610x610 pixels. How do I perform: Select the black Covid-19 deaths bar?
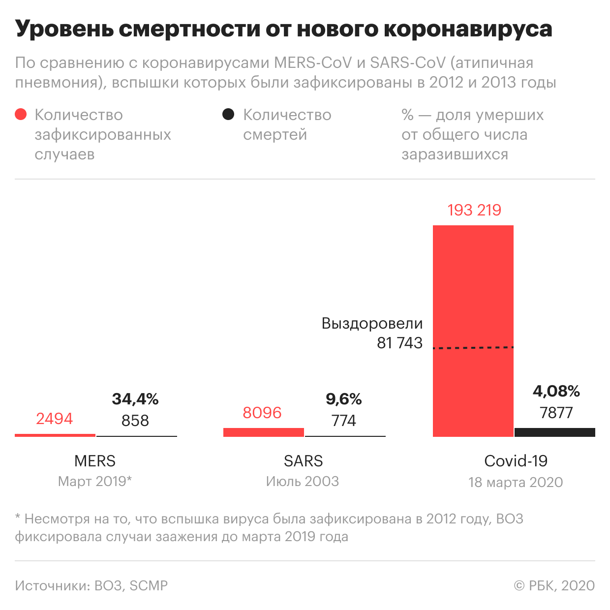tap(554, 432)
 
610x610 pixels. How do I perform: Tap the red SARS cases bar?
tap(263, 432)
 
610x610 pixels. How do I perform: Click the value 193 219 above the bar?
tap(474, 210)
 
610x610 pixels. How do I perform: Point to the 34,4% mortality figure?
tap(135, 399)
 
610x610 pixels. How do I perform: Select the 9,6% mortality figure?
tap(343, 399)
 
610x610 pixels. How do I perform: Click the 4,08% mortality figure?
tap(556, 391)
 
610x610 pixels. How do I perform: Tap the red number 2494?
tap(54, 419)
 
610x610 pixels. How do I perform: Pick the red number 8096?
tap(262, 413)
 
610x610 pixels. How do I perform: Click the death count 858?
tap(135, 421)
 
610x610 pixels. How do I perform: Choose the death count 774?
tap(343, 421)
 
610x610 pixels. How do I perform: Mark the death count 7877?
tap(556, 413)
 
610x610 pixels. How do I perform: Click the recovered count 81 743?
tap(399, 343)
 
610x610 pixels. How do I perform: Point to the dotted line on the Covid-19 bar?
tap(473, 348)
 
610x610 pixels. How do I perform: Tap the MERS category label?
tap(95, 461)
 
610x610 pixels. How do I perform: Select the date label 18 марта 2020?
tap(516, 482)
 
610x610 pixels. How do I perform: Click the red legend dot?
tap(21, 115)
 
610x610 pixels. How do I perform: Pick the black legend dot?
tap(228, 115)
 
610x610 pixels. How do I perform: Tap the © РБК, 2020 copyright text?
tap(554, 585)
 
